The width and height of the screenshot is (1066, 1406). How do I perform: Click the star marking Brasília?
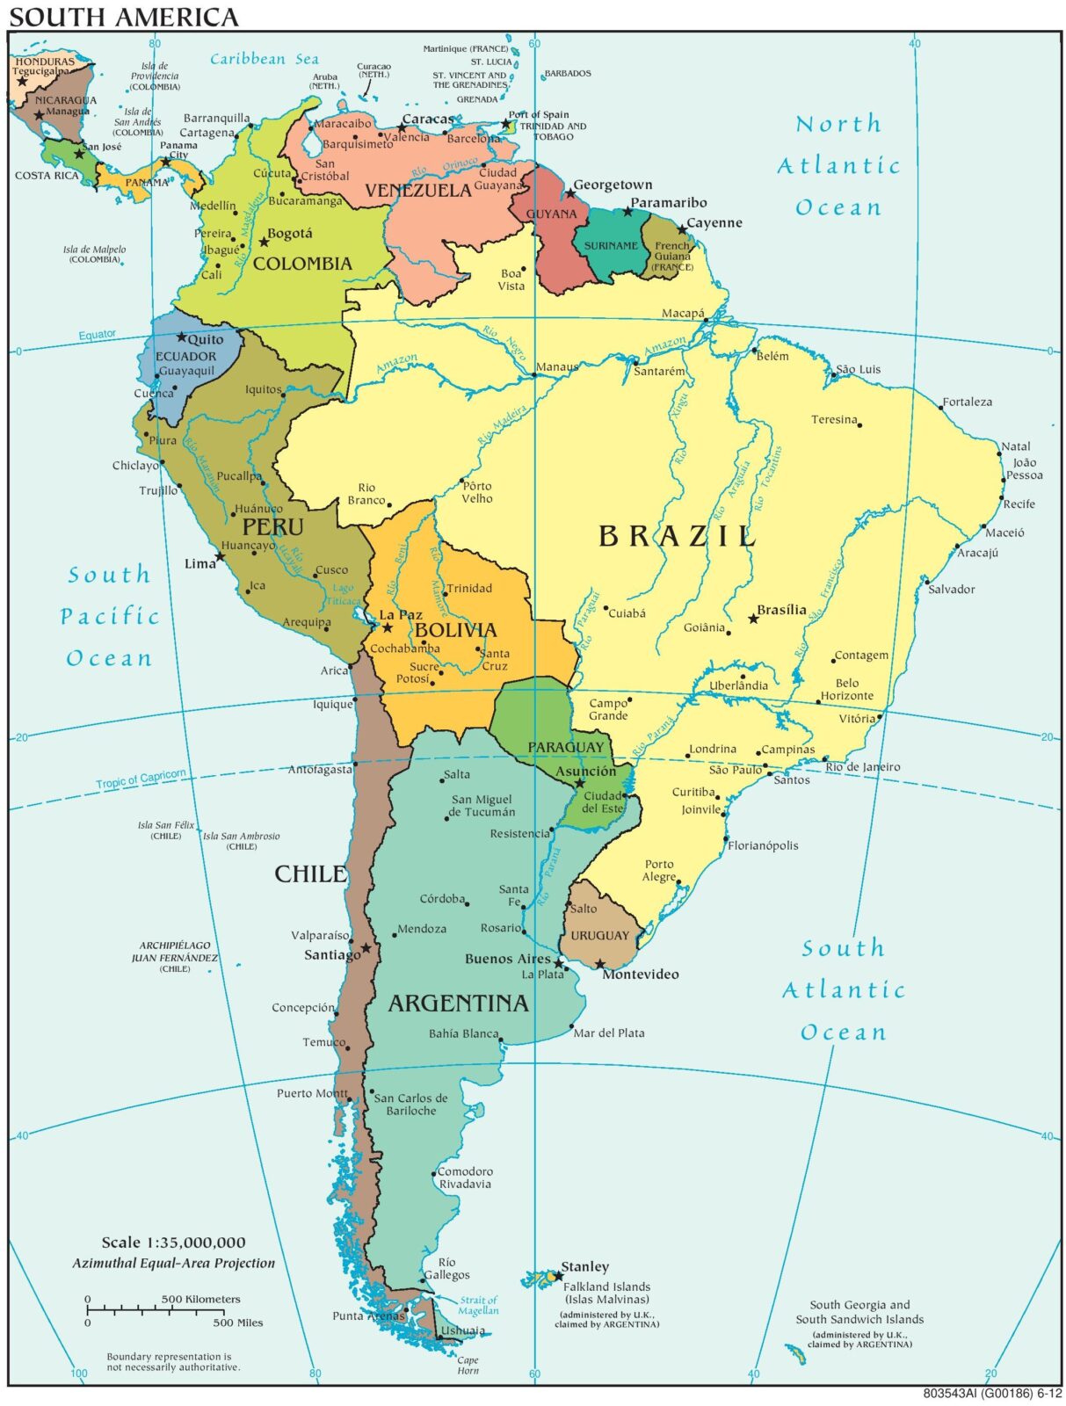click(753, 619)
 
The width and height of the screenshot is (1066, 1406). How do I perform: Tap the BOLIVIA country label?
click(455, 630)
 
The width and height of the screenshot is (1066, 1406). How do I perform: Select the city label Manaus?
click(557, 366)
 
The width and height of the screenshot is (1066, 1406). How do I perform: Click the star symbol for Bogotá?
click(264, 242)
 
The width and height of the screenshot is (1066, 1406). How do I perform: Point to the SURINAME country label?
click(611, 246)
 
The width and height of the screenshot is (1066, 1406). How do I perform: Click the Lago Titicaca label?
click(343, 595)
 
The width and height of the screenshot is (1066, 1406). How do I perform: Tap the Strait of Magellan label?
click(479, 1305)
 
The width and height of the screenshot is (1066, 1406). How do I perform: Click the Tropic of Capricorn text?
click(141, 779)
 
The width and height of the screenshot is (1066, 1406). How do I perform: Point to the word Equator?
click(97, 335)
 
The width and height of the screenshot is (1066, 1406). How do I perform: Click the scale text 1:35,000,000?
click(173, 1243)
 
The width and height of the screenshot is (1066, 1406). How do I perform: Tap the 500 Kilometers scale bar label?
click(200, 1299)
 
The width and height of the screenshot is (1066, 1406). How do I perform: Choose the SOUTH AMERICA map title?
click(123, 16)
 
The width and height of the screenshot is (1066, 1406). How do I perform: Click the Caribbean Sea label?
click(264, 59)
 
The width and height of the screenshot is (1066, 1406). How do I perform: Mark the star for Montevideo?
click(600, 964)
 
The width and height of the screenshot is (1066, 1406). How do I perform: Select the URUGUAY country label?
click(600, 936)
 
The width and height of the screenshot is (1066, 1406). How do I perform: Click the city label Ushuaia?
click(463, 1330)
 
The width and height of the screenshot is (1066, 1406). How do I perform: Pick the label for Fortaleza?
click(968, 402)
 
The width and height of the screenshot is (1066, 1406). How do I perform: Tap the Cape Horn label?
click(468, 1365)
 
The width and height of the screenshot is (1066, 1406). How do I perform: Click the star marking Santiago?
click(366, 948)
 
